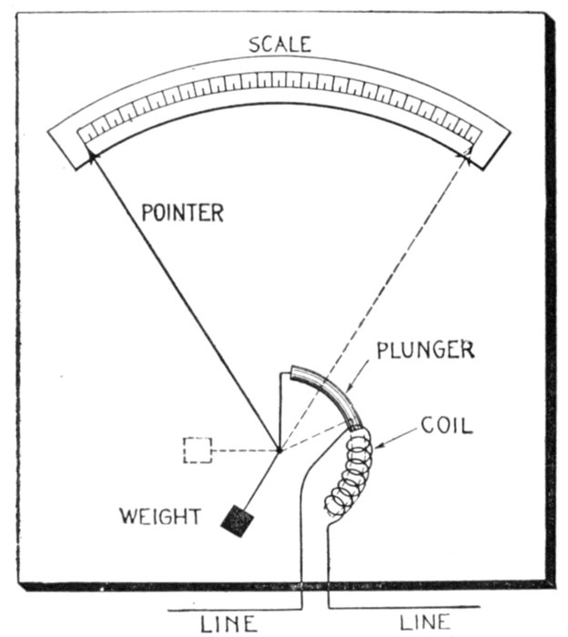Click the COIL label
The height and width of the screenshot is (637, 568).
click(446, 425)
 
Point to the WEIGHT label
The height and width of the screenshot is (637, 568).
click(159, 517)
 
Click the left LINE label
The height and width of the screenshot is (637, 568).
click(228, 622)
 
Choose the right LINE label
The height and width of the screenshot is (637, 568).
click(425, 622)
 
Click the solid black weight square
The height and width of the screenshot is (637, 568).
click(238, 521)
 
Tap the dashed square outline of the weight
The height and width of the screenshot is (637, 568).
click(198, 450)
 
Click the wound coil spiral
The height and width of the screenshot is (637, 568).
click(349, 473)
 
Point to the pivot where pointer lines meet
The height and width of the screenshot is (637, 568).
click(279, 449)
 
